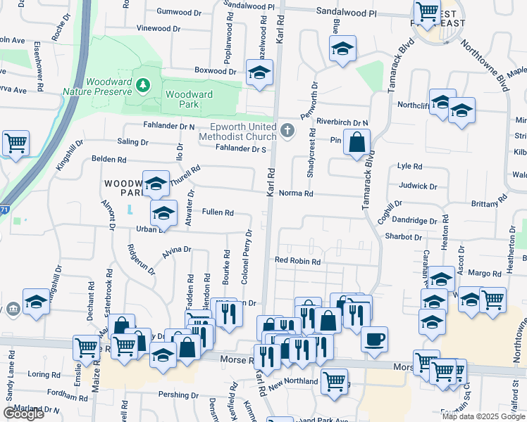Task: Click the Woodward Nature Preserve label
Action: point(97,87)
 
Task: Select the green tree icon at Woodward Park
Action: point(144,85)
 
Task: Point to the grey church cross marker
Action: point(287,131)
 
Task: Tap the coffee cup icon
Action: point(374,339)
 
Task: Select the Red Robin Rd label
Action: point(297,261)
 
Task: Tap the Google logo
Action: point(23,414)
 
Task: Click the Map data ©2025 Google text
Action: point(483,416)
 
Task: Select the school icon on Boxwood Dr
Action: point(259,72)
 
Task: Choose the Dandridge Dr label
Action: point(416,220)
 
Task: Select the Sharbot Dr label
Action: point(403,237)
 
